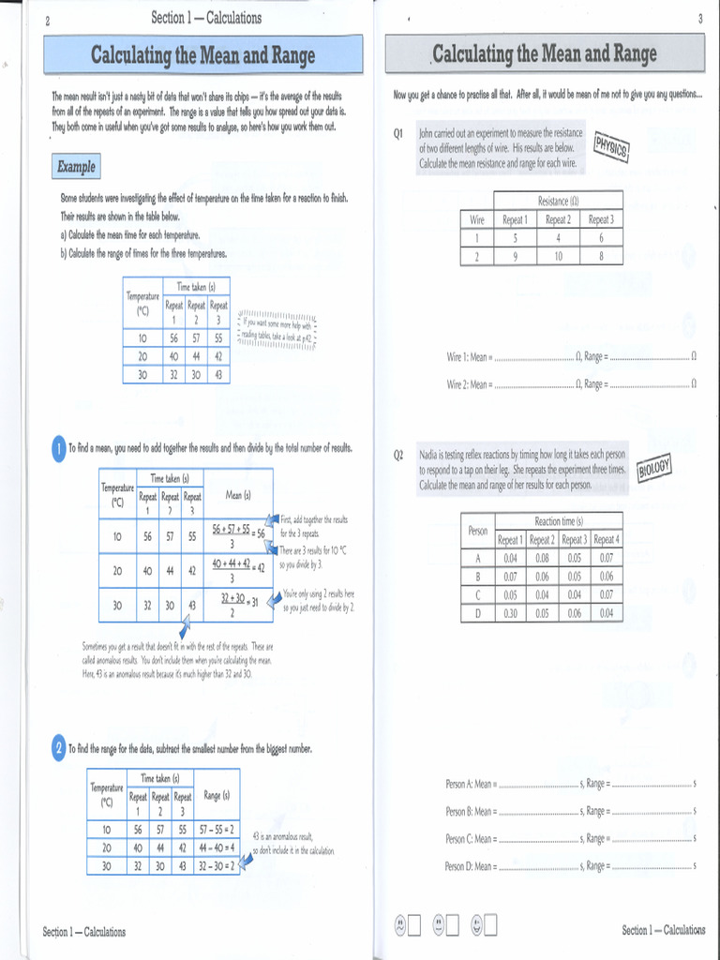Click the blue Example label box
pos(76,167)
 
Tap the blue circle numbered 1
pos(58,450)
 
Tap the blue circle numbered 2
pos(58,748)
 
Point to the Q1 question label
pos(398,134)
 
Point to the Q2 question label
pos(398,455)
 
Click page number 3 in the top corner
pos(699,20)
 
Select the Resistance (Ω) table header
pos(558,201)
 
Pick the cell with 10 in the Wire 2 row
pos(558,255)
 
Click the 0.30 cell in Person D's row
pos(510,613)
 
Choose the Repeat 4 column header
pos(606,539)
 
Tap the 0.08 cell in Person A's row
pos(542,558)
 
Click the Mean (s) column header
pos(237,495)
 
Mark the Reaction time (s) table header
pos(558,521)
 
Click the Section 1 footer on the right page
pos(663,930)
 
